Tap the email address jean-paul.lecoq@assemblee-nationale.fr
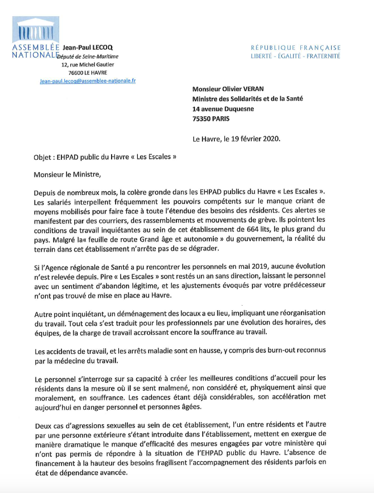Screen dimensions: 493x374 pyautogui.click(x=88, y=80)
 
